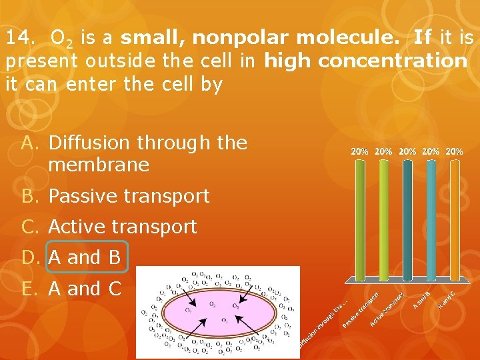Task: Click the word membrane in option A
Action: (99, 165)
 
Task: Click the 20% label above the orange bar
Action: (455, 151)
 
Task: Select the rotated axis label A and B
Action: (421, 298)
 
